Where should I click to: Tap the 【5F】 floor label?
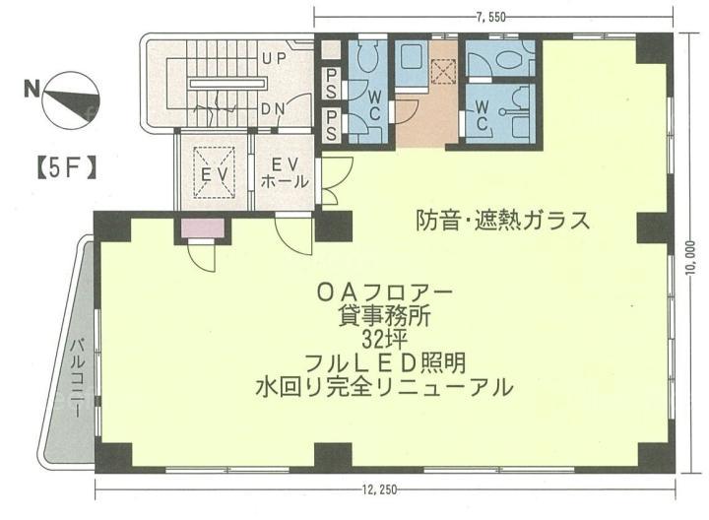tap(66, 168)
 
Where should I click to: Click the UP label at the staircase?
tap(275, 58)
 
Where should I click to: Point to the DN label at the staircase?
tap(275, 109)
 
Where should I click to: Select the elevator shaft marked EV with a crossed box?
tap(215, 172)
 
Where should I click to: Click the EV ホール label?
tap(286, 172)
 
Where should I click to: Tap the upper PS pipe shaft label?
tap(332, 84)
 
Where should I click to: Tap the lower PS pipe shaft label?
tap(332, 125)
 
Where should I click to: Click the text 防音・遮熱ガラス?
tap(503, 222)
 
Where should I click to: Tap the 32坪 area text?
tap(385, 339)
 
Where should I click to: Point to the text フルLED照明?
tap(385, 362)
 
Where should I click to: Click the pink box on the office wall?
tap(203, 228)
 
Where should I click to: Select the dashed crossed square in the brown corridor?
tap(443, 71)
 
